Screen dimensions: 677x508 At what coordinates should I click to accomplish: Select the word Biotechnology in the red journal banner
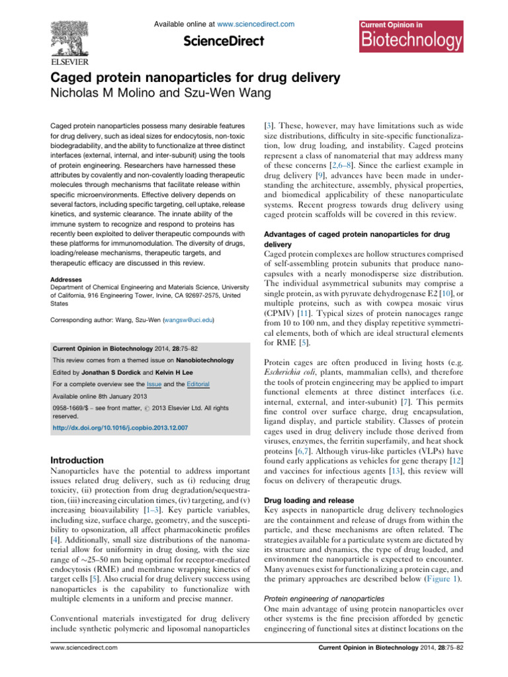click(x=411, y=41)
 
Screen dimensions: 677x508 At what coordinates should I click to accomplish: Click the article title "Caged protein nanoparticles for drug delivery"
click(x=196, y=78)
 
